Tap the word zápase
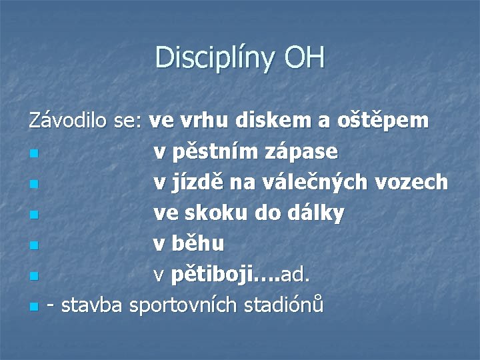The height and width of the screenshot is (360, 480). pyautogui.click(x=305, y=153)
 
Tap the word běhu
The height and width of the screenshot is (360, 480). pyautogui.click(x=197, y=244)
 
